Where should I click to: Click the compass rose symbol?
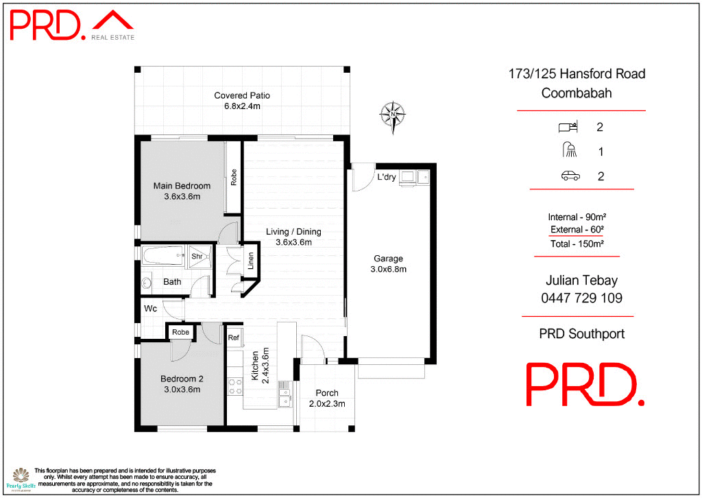click(x=393, y=113)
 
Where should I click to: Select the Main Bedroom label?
click(x=182, y=186)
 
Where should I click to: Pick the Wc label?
click(x=150, y=309)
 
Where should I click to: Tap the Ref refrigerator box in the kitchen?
click(x=233, y=337)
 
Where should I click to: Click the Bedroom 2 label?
click(x=182, y=379)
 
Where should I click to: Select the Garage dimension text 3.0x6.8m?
click(x=388, y=270)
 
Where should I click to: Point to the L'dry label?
click(x=386, y=177)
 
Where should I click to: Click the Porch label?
click(x=326, y=393)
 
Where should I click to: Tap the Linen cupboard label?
click(x=251, y=261)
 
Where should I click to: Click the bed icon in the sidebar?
click(x=569, y=127)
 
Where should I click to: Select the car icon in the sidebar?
click(x=570, y=176)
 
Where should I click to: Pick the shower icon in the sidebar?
click(x=570, y=151)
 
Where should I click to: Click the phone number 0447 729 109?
click(x=581, y=298)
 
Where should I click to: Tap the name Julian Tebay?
click(x=581, y=281)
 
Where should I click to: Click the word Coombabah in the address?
click(x=577, y=93)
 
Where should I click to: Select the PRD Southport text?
click(x=582, y=335)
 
